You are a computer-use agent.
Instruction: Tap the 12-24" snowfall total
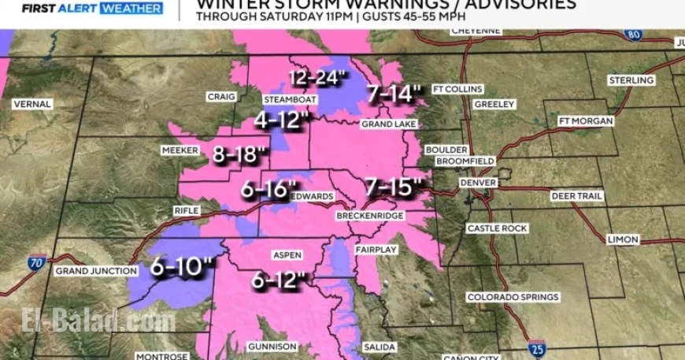click(317, 78)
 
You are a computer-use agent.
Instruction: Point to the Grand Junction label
click(91, 271)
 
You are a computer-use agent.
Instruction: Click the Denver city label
click(479, 182)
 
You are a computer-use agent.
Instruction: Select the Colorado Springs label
click(513, 297)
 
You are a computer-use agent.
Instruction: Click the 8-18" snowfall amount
click(235, 154)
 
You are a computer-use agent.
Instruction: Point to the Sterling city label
click(631, 80)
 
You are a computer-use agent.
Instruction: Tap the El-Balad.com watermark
click(98, 321)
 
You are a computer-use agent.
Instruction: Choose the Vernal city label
click(32, 104)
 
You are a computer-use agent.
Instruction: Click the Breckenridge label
click(369, 216)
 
